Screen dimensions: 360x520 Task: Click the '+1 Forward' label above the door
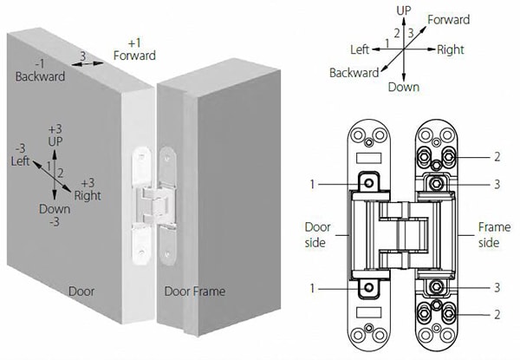[x=134, y=49]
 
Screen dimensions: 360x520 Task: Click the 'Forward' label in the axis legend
[x=448, y=20]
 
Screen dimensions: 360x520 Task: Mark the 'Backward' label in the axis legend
[x=353, y=73]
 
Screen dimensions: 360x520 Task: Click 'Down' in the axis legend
[x=404, y=87]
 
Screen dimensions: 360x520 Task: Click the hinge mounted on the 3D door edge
[x=150, y=204]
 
